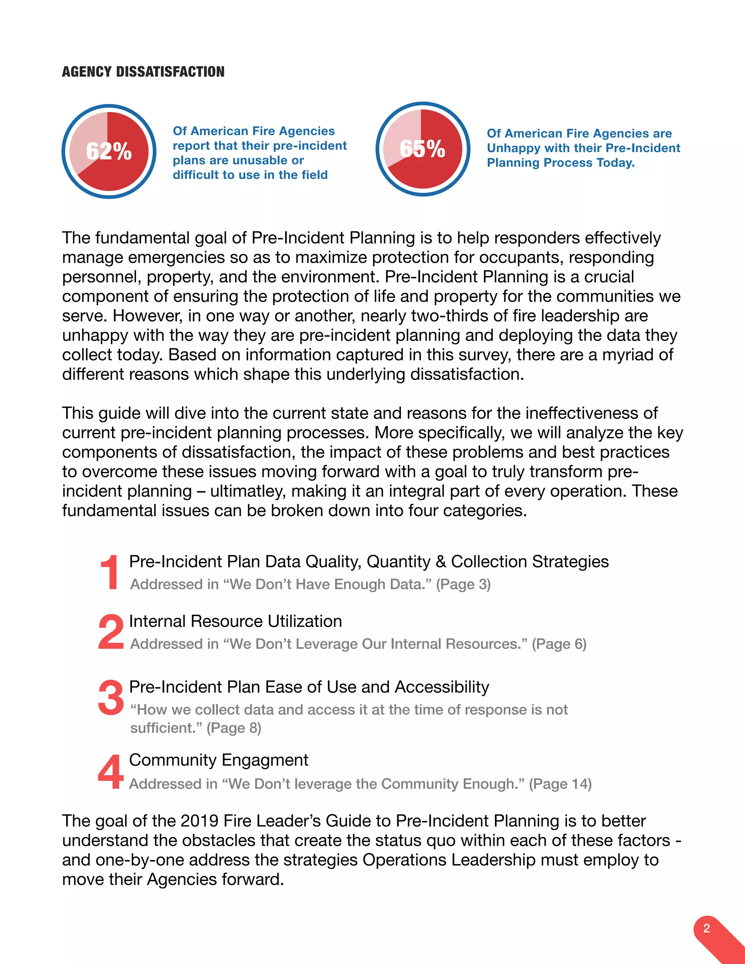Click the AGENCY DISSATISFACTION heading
(x=143, y=72)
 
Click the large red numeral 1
(x=109, y=573)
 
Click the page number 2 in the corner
(x=706, y=928)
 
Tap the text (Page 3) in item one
(x=463, y=585)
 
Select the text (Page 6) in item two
(x=559, y=644)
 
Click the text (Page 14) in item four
(x=560, y=784)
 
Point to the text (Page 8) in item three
(x=234, y=728)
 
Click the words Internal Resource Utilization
(x=235, y=621)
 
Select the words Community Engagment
(x=219, y=760)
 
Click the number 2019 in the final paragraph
(x=199, y=821)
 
